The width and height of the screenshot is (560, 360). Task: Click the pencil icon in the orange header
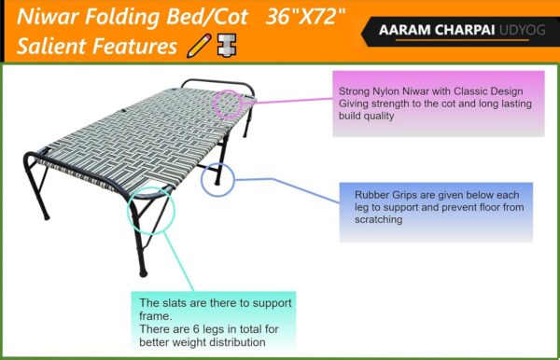tap(198, 45)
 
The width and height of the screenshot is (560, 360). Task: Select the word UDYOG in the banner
tap(520, 30)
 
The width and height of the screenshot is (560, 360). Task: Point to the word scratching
tap(378, 221)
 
